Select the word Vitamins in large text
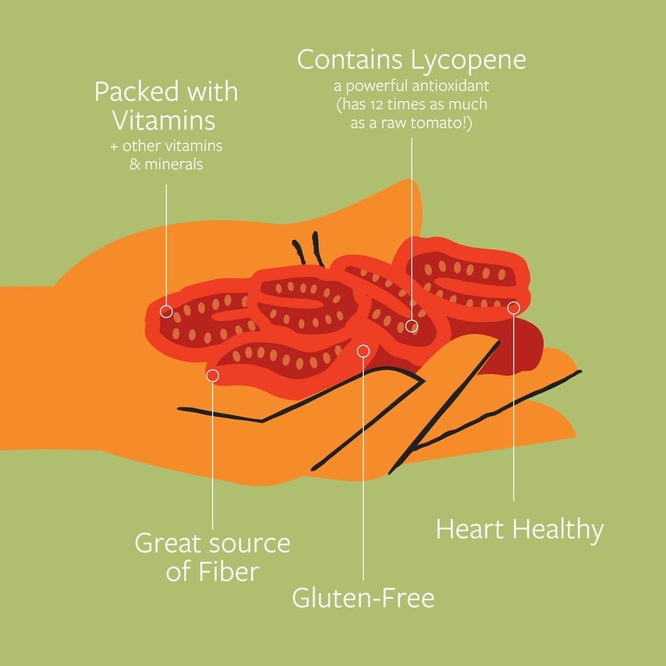[x=163, y=120]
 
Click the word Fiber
[x=228, y=572]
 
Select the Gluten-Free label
[x=363, y=598]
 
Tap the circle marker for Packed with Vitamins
[x=166, y=311]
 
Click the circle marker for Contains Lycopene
[x=412, y=326]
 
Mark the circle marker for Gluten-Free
[x=363, y=351]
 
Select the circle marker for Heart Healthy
[x=514, y=307]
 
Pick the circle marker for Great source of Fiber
[x=213, y=375]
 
